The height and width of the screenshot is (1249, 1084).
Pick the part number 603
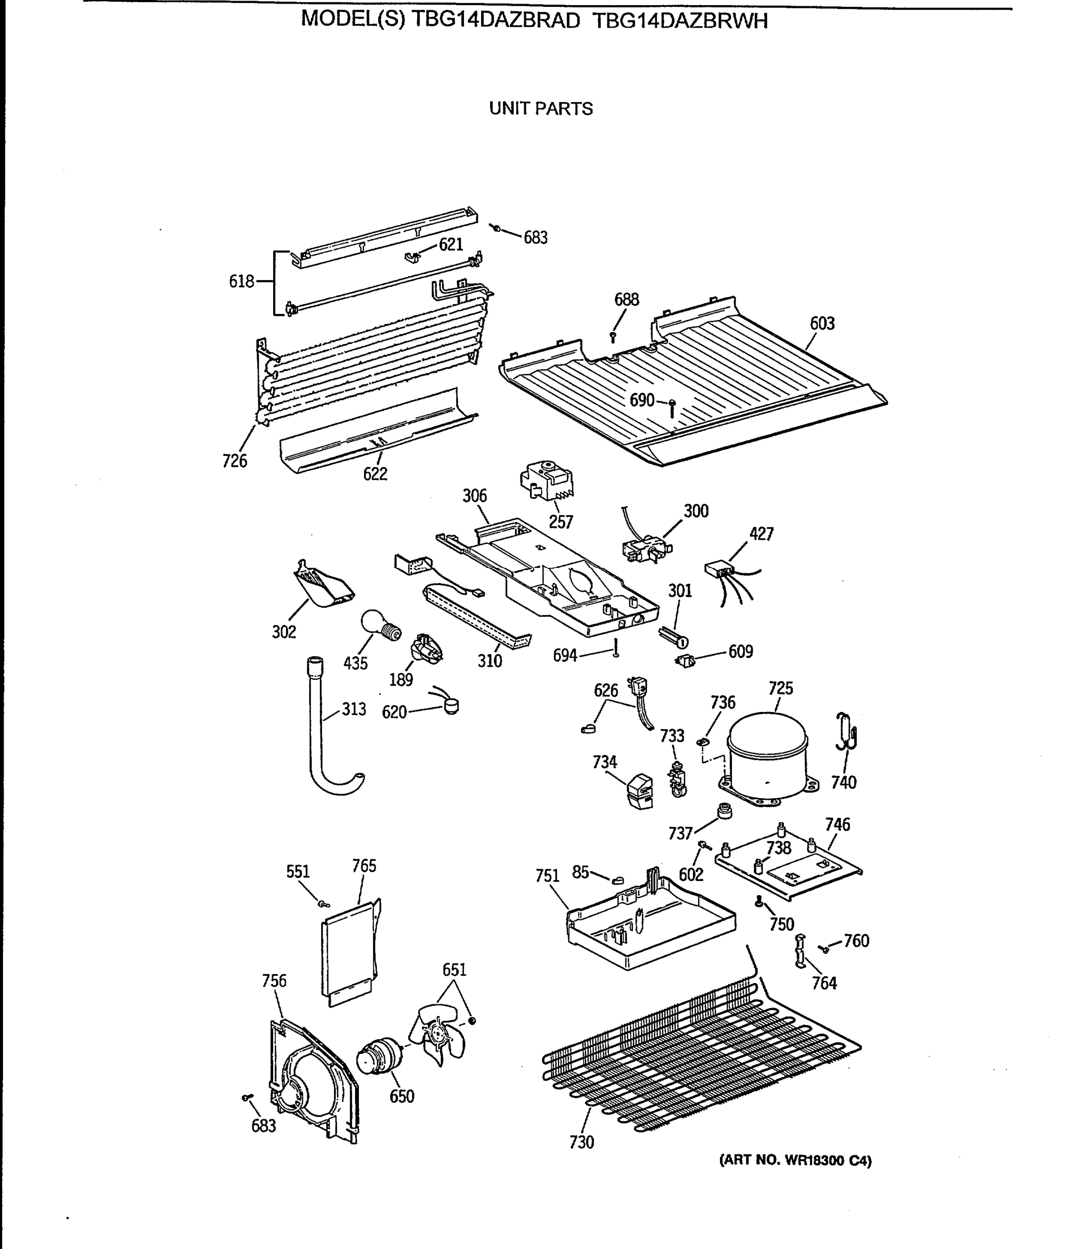[822, 324]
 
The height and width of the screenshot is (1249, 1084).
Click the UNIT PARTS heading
[541, 109]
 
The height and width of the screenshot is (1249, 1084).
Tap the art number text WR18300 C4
[795, 1161]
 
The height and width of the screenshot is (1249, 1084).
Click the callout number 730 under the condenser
[582, 1142]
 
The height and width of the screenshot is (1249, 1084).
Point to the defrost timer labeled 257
[547, 480]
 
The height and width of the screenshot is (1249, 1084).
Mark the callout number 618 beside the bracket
[241, 282]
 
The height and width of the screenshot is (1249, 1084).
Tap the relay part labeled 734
[640, 791]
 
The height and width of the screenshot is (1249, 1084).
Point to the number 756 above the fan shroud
[274, 980]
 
